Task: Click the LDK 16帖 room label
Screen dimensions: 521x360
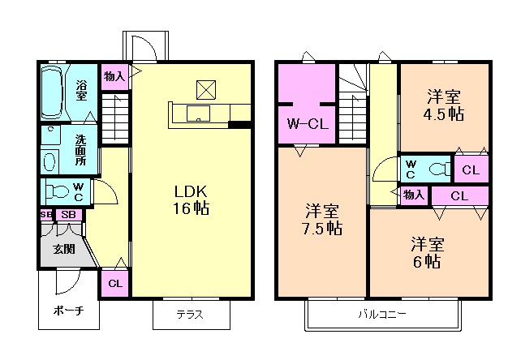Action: point(191,200)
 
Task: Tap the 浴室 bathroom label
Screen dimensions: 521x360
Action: point(81,90)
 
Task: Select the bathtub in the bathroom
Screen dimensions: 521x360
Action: point(52,92)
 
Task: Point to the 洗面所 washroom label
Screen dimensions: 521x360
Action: point(80,150)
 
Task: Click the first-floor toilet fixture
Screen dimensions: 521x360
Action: point(58,191)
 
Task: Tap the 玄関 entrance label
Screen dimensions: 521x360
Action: point(64,249)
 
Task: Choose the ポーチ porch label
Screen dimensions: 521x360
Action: point(68,311)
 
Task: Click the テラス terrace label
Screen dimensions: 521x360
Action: point(190,314)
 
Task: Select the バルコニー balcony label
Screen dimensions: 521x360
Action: point(382,314)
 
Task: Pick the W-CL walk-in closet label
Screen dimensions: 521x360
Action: point(308,124)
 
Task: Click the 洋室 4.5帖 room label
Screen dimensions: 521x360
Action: point(444,105)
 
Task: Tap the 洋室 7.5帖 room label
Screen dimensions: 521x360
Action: point(322,219)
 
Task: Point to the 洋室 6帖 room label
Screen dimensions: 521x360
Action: point(428,252)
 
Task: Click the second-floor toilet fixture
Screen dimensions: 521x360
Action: point(441,169)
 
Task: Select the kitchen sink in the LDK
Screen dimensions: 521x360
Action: point(198,114)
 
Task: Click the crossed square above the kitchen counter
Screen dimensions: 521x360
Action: point(206,90)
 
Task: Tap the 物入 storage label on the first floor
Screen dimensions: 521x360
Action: point(114,77)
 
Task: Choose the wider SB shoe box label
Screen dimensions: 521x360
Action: point(68,215)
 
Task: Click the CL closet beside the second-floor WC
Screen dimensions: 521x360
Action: point(471,170)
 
